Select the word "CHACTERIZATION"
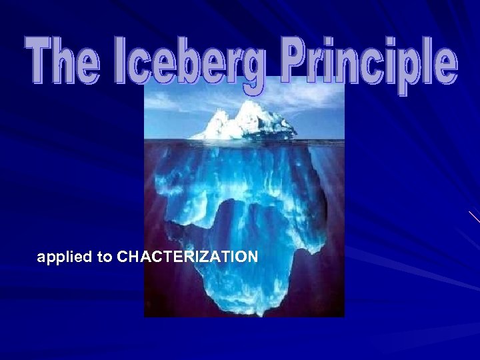coord(187,257)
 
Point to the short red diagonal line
coord(474,216)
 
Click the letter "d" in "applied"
coord(89,256)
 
